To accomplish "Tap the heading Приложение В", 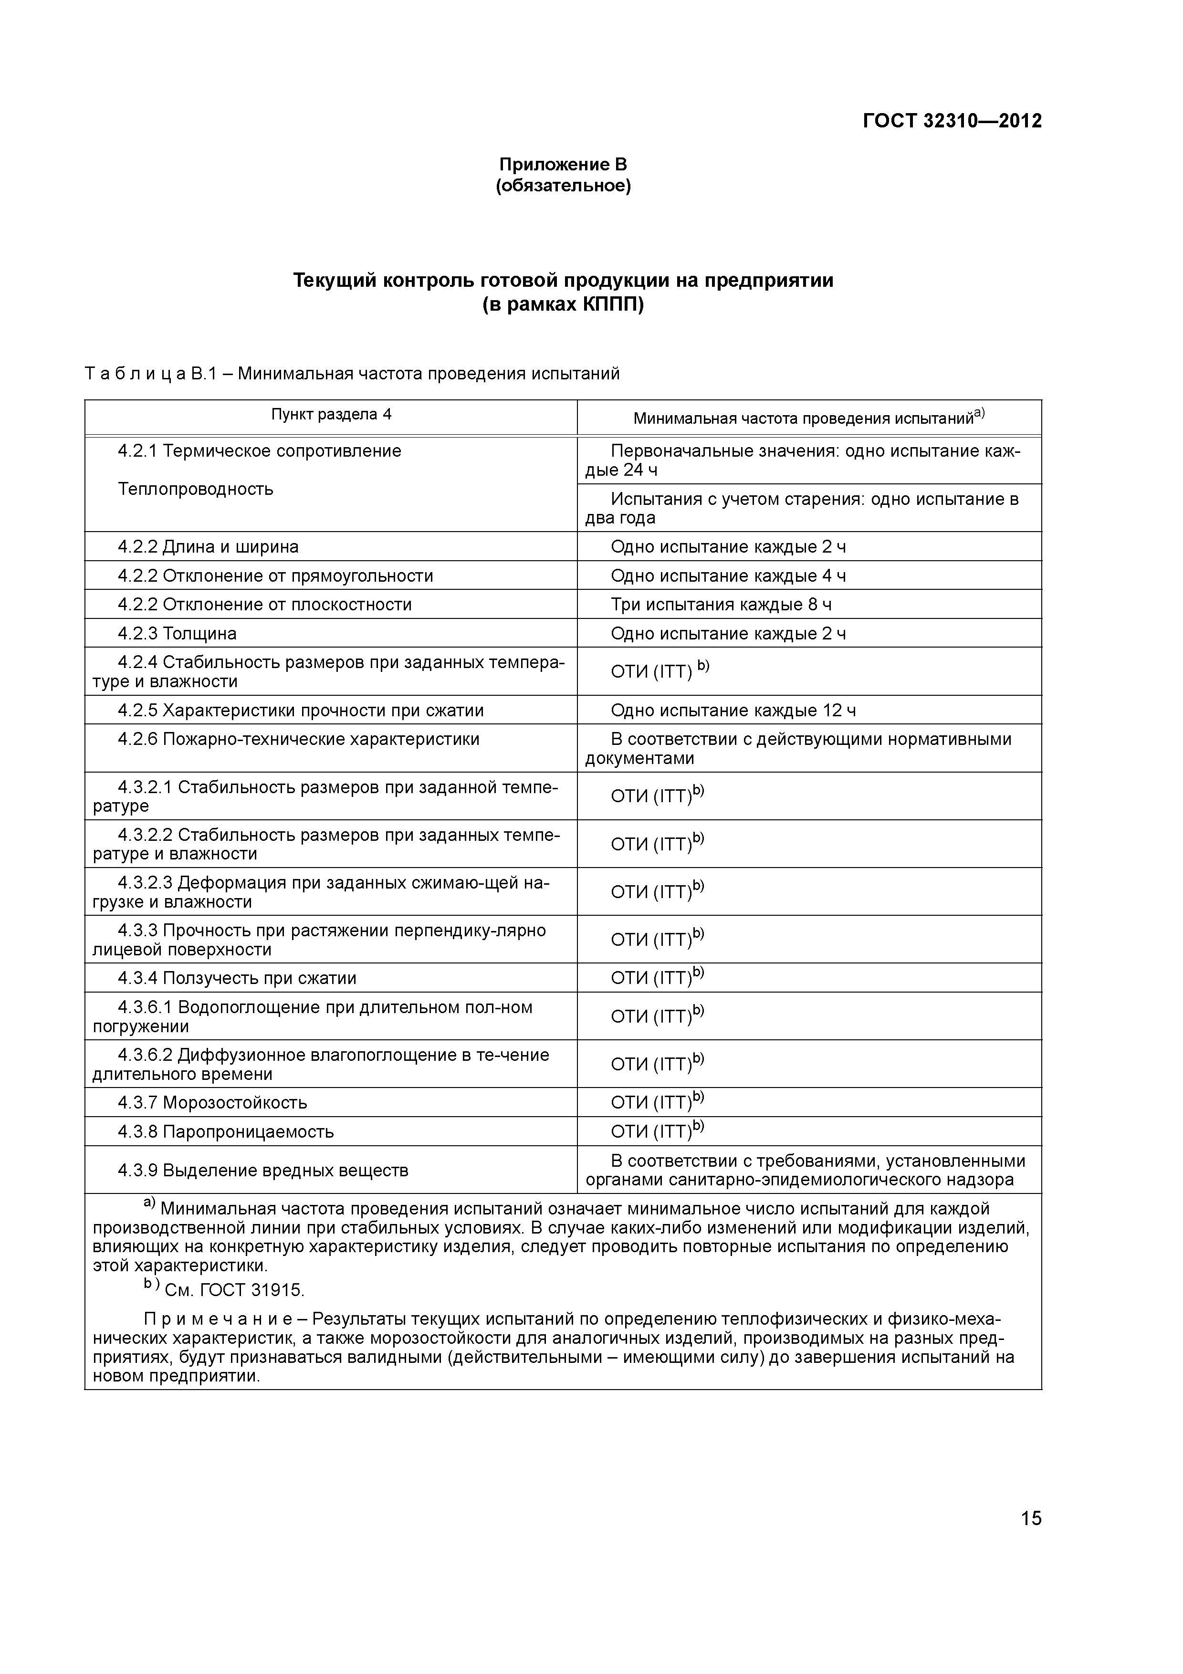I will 563,164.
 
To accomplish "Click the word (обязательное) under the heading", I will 563,186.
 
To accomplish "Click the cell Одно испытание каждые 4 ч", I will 728,576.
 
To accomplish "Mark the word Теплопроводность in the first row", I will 195,489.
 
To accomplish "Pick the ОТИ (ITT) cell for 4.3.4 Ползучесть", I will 657,978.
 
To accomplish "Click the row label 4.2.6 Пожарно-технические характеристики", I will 298,739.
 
